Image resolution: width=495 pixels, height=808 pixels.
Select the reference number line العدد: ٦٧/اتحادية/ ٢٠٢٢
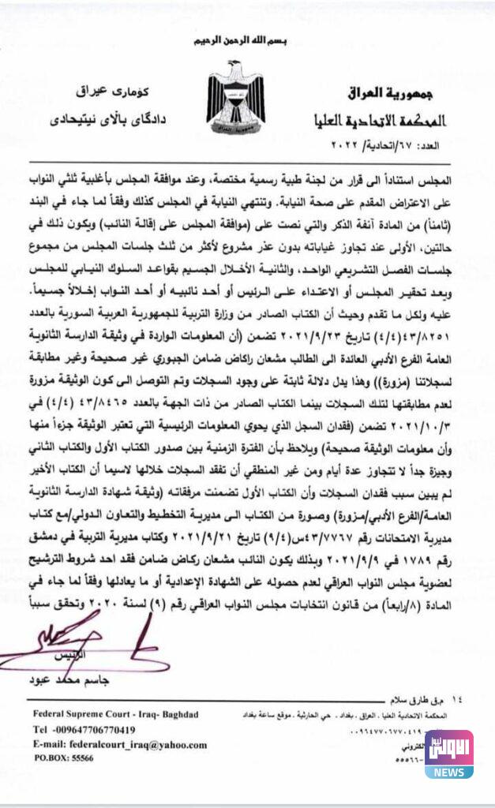pyautogui.click(x=411, y=147)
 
